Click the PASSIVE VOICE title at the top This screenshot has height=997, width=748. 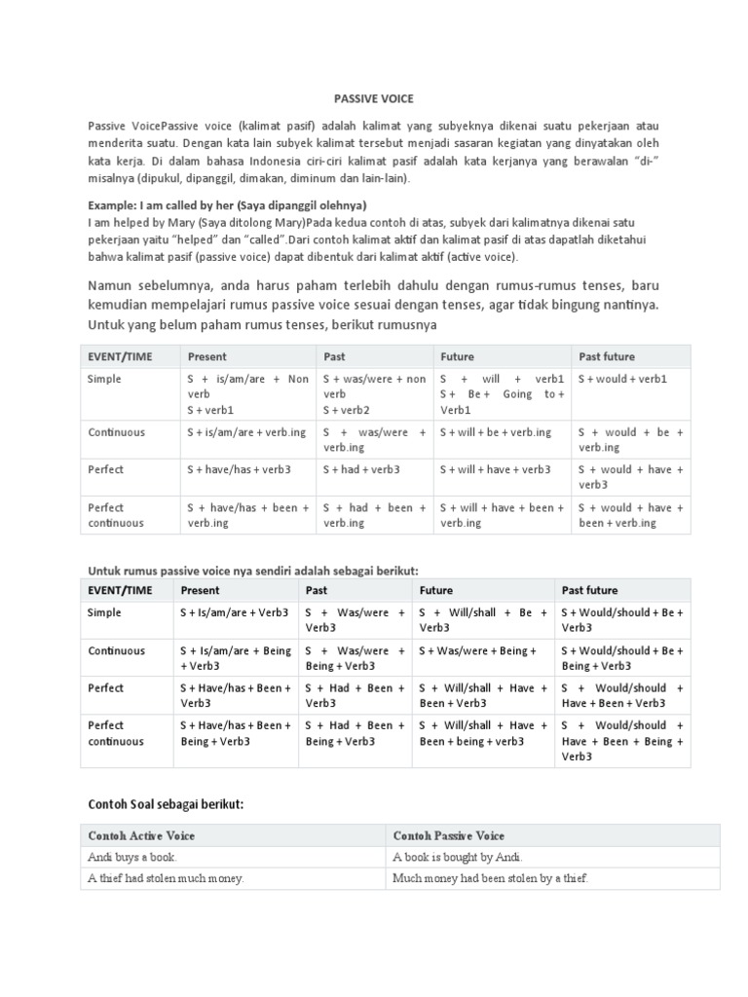374,98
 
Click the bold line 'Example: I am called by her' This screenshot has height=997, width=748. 227,205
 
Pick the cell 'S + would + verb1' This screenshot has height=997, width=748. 622,378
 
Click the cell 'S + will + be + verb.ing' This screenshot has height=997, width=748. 495,432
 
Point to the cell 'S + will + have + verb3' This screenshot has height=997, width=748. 495,469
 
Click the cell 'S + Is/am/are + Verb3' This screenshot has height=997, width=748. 234,612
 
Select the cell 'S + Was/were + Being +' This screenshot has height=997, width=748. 478,650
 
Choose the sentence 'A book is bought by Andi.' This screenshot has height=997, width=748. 458,858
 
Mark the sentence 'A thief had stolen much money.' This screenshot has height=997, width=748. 166,878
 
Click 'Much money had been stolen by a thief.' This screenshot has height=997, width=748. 491,878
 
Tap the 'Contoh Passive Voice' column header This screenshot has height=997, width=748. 449,835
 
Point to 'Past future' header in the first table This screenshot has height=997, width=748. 607,356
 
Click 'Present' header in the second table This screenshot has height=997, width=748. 200,590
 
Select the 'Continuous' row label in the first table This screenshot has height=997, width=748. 117,432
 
